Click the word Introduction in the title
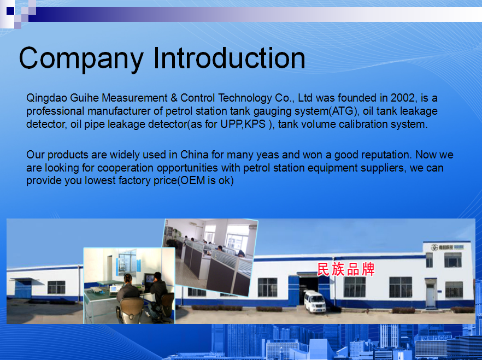(229, 58)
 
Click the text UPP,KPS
(243, 125)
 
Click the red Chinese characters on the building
(346, 269)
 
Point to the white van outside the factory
(315, 302)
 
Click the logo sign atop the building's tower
(447, 247)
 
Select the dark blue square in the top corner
(10, 11)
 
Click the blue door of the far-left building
(23, 290)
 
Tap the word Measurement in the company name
(134, 98)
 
